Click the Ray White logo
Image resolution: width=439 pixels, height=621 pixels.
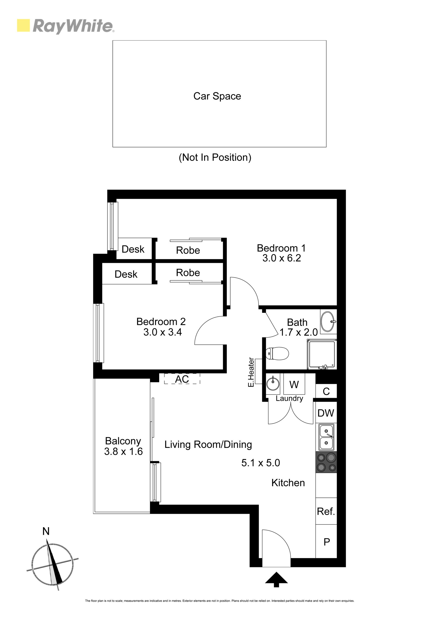(x=65, y=26)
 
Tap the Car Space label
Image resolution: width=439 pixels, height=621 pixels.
(x=217, y=96)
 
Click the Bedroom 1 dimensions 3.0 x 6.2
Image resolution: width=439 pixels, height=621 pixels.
(x=281, y=258)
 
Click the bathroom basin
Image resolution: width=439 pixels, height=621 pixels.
(x=328, y=321)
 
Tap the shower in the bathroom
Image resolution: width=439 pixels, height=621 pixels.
(x=322, y=355)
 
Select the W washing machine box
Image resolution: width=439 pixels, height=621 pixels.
(x=294, y=384)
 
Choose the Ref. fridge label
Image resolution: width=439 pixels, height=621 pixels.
(x=326, y=511)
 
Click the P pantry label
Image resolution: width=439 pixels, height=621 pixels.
(x=327, y=542)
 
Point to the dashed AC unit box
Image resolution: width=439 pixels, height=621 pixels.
(x=182, y=379)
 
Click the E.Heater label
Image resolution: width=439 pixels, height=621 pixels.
(x=251, y=372)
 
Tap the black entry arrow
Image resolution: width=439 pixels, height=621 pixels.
(x=276, y=580)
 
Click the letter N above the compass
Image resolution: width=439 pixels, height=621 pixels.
(x=46, y=531)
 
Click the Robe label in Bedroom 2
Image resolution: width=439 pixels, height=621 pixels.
(x=188, y=273)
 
